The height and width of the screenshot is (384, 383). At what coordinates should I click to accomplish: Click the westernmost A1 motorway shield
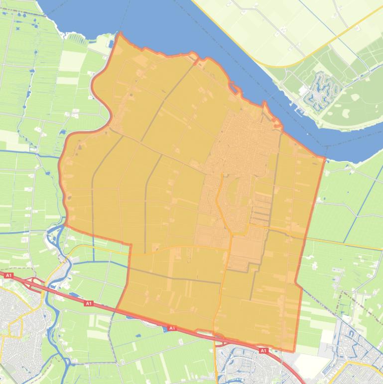pyautogui.click(x=8, y=275)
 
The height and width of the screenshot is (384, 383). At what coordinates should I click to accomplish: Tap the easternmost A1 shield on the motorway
pyautogui.click(x=262, y=351)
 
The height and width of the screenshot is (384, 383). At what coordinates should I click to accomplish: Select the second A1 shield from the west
pyautogui.click(x=88, y=303)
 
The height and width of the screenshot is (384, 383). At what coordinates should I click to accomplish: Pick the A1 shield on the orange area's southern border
pyautogui.click(x=171, y=328)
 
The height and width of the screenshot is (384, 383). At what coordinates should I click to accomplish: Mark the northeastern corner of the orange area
pyautogui.click(x=325, y=159)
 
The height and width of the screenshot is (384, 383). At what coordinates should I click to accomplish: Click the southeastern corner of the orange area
pyautogui.click(x=294, y=352)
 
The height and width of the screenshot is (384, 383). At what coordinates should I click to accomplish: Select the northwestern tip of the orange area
pyautogui.click(x=120, y=34)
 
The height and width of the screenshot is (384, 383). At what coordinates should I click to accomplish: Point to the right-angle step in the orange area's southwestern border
pyautogui.click(x=130, y=245)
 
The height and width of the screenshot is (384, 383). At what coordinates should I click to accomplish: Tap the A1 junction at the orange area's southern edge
pyautogui.click(x=222, y=341)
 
